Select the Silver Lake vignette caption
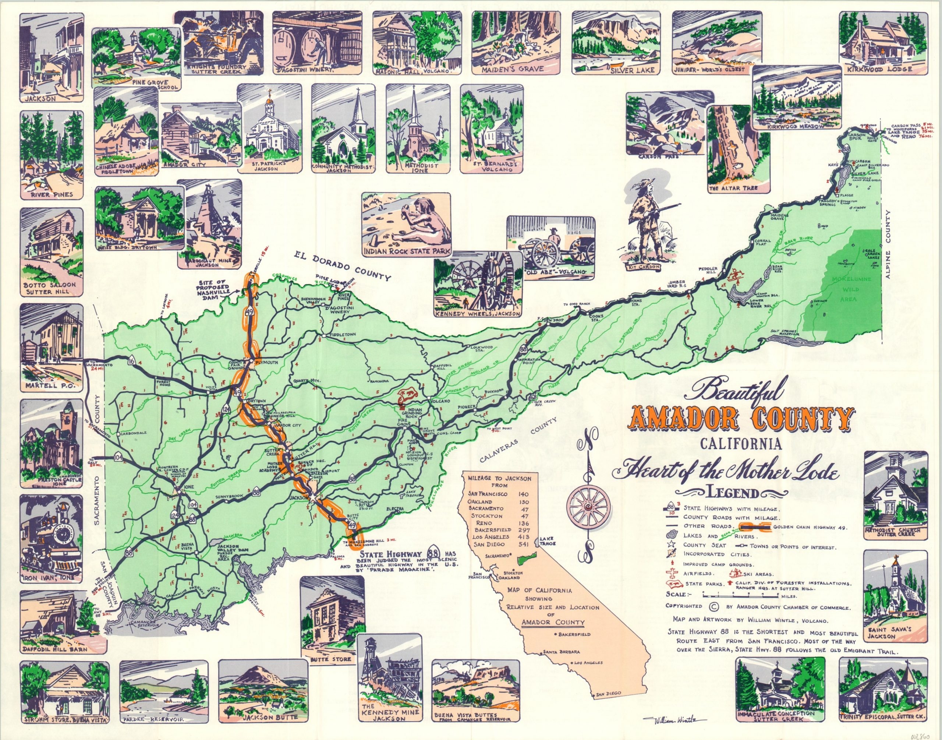tap(635, 70)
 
